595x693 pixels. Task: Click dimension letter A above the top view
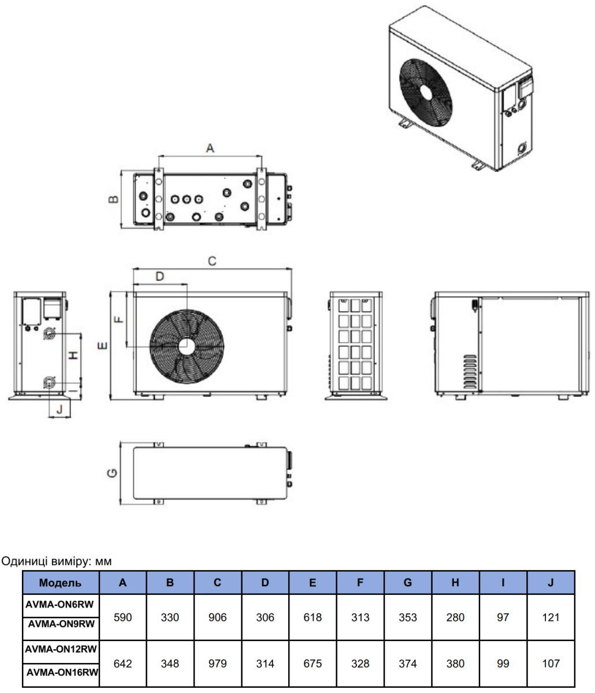tap(210, 148)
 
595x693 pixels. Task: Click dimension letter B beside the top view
tap(114, 199)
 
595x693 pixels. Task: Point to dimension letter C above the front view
tap(212, 262)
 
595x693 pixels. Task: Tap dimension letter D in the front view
tap(160, 277)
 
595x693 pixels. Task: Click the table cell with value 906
tap(218, 617)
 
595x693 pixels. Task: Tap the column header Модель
tap(60, 583)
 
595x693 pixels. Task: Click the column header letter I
tap(503, 583)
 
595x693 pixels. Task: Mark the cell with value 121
tap(551, 617)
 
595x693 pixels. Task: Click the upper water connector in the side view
tap(50, 333)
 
